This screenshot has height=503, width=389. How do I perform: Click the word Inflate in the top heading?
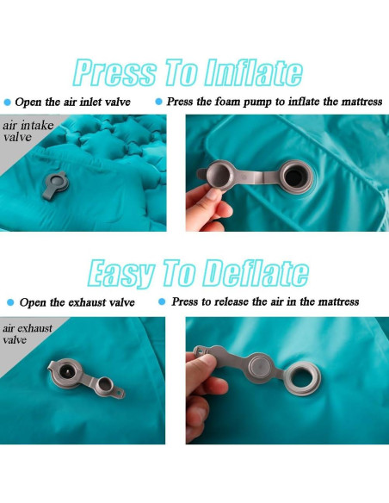(253, 72)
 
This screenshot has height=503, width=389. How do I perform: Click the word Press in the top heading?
(114, 72)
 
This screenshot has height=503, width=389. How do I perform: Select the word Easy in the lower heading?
(121, 274)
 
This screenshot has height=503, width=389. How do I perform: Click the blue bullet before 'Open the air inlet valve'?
(8, 102)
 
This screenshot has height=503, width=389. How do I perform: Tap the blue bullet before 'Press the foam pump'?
(158, 102)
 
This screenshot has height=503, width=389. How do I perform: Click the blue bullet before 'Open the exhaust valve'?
(10, 302)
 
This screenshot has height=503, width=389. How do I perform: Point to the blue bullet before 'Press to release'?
(162, 301)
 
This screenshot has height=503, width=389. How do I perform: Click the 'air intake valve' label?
(28, 131)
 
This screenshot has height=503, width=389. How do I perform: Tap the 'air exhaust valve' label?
(28, 333)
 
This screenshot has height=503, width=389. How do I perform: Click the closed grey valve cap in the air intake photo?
(58, 183)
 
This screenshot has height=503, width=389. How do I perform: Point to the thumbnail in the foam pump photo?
(212, 194)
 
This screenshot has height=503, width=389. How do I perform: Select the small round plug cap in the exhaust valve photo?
(105, 384)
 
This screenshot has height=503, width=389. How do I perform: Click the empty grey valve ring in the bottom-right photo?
(302, 379)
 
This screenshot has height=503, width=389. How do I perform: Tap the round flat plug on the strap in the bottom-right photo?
(260, 368)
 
